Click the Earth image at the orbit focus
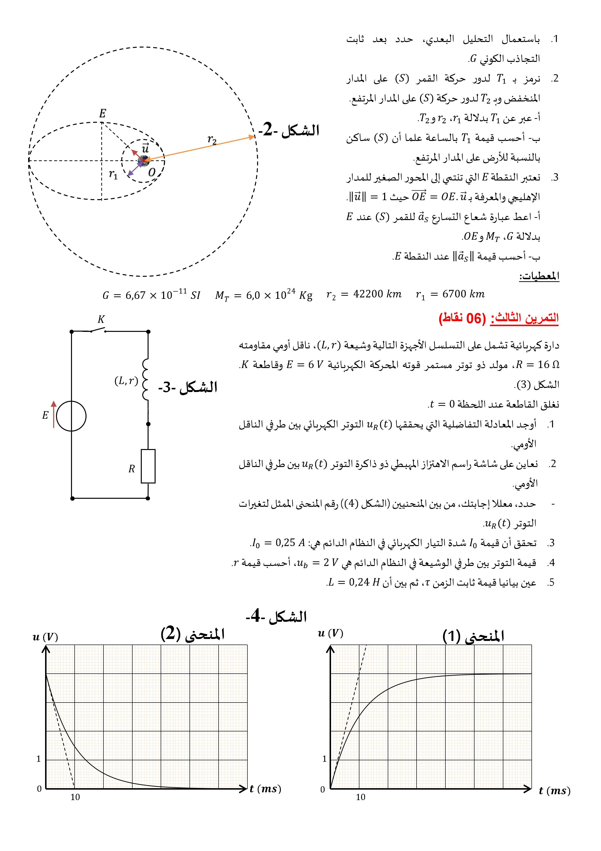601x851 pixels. click(x=143, y=161)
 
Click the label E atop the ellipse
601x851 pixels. click(x=103, y=114)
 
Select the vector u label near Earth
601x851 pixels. click(x=145, y=148)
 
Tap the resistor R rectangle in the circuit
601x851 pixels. click(x=148, y=466)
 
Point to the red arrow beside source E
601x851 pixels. click(x=54, y=414)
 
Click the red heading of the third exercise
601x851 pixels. click(x=498, y=318)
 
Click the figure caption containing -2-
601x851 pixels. click(x=289, y=130)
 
